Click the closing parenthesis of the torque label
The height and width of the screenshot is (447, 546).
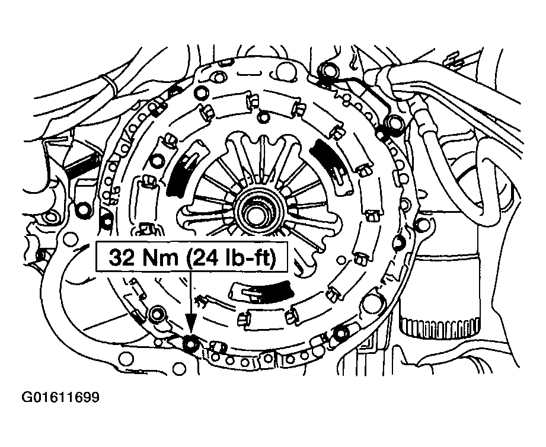(x=274, y=258)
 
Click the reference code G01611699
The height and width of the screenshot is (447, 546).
(x=60, y=397)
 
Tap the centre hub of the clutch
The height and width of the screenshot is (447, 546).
(x=256, y=211)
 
